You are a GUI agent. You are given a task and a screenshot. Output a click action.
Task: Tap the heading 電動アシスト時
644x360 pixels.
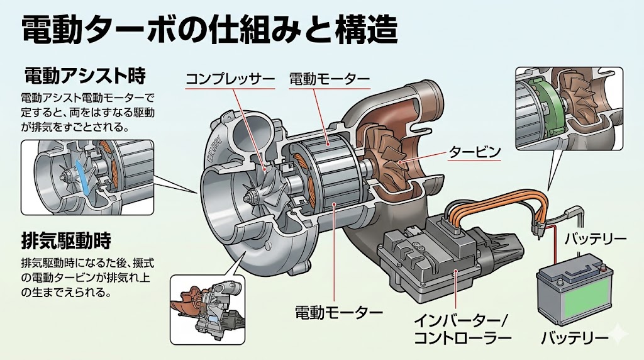click(85, 76)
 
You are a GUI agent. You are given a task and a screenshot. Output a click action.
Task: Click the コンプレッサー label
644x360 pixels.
click(230, 80)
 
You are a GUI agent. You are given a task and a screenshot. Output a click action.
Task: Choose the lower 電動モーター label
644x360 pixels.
click(339, 312)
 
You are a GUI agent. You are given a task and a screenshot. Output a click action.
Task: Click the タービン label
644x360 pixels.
click(474, 152)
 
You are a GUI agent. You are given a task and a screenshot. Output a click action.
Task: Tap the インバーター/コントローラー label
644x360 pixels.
click(462, 329)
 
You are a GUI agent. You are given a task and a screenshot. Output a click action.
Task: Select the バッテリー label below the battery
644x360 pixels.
click(575, 338)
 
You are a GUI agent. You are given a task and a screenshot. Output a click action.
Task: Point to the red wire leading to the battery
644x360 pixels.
click(555, 245)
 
